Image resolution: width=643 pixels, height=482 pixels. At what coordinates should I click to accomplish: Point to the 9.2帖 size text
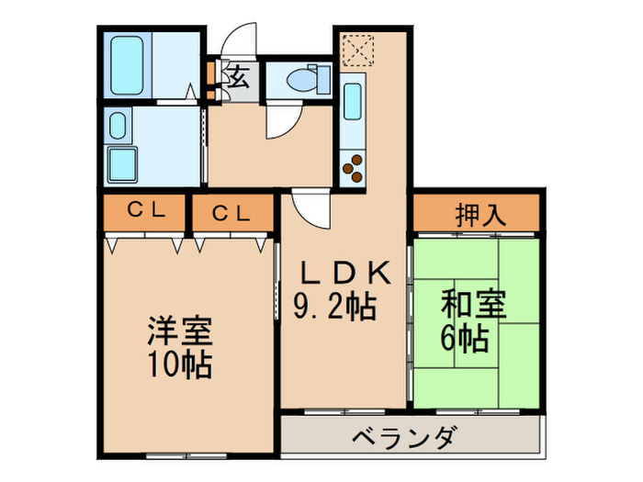(336, 307)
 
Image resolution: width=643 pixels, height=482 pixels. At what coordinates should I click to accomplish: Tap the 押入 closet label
(479, 217)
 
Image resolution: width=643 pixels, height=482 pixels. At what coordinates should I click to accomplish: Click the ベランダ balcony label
(403, 437)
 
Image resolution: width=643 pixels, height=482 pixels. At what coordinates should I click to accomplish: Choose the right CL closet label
(231, 213)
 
